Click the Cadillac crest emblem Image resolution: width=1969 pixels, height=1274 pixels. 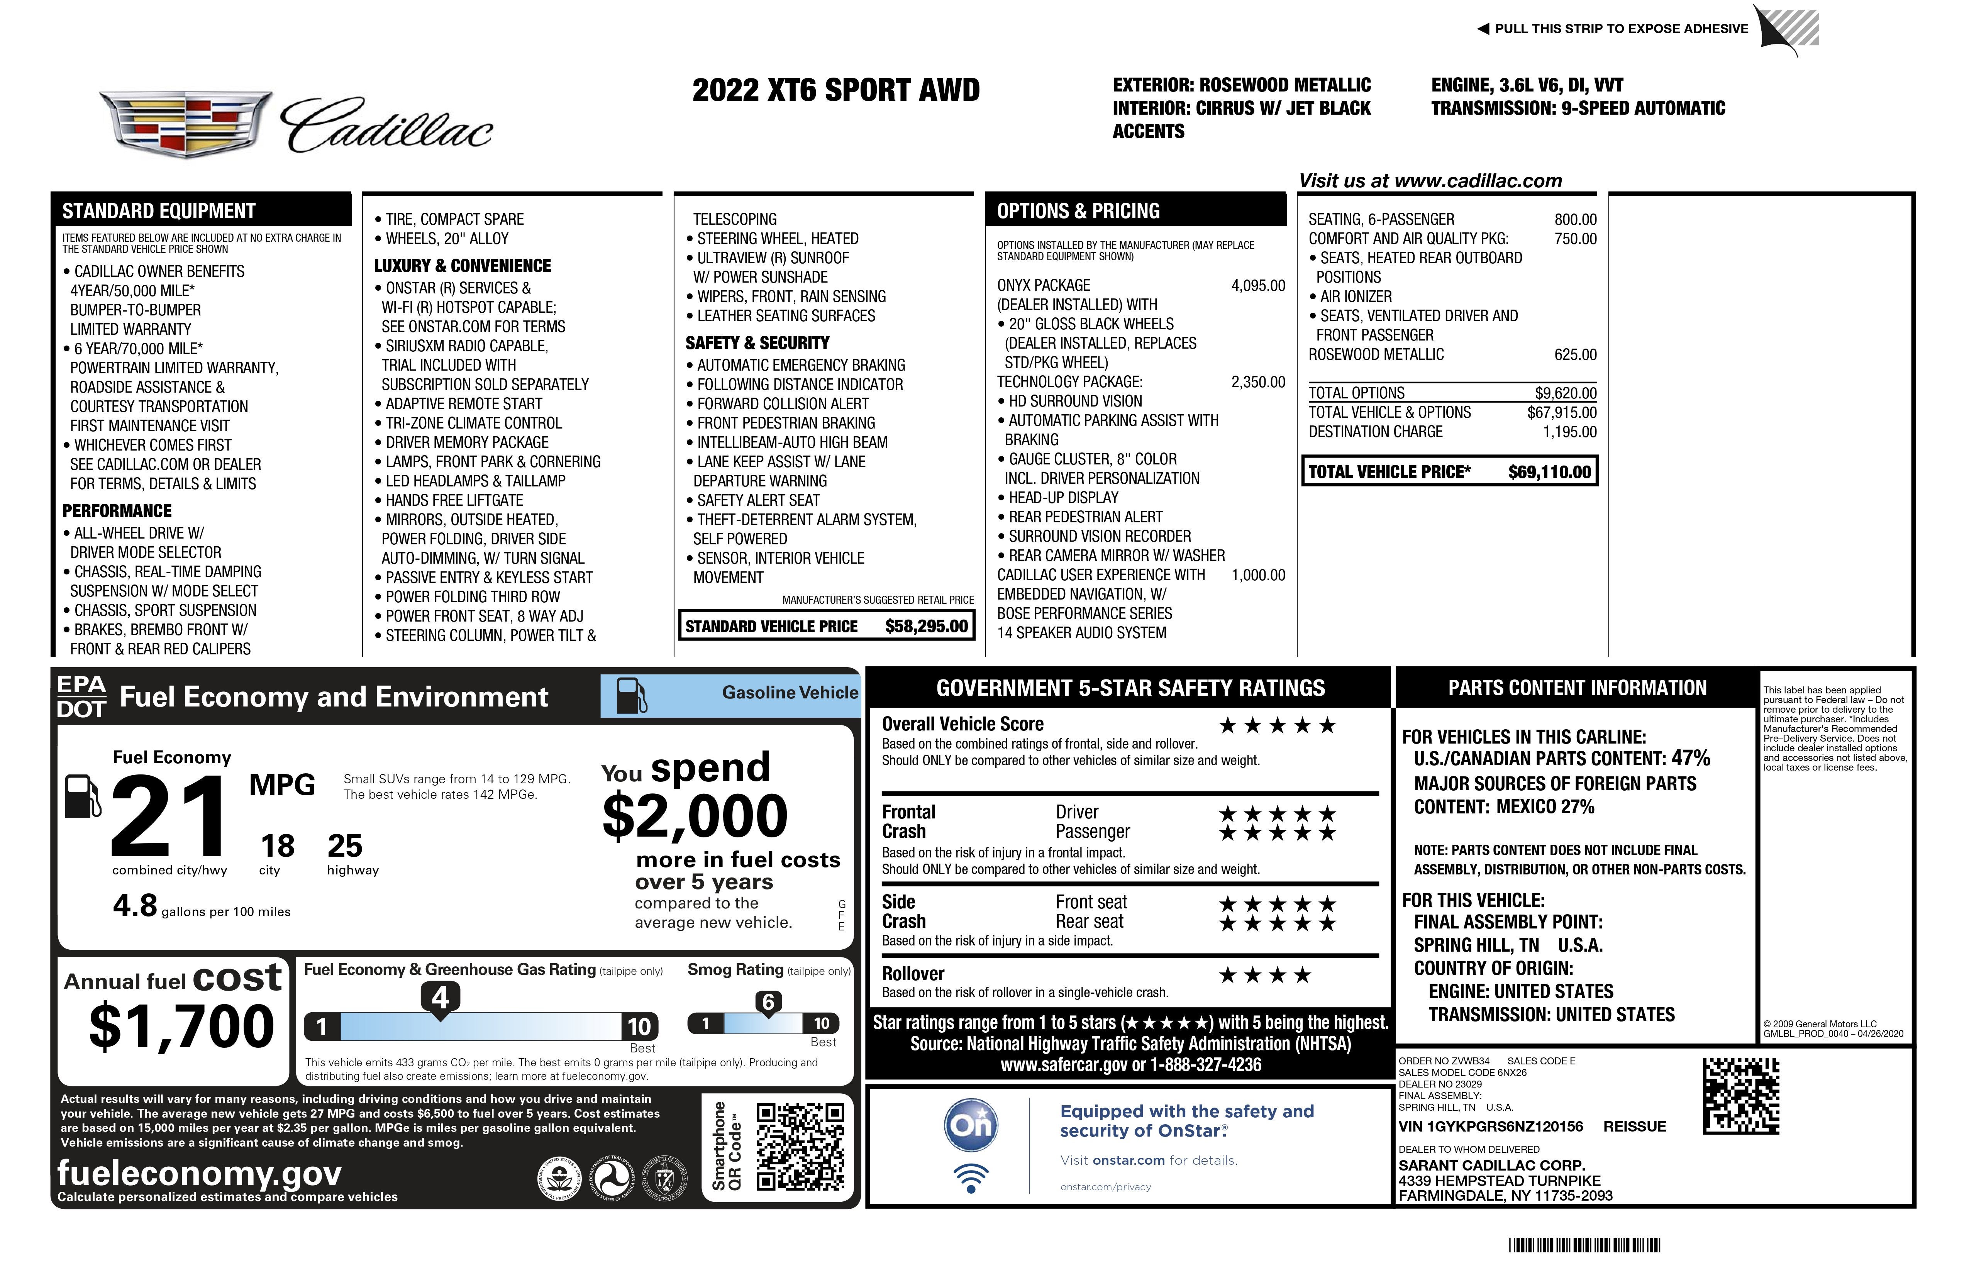pos(186,124)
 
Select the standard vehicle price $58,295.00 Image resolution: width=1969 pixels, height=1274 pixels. pos(926,626)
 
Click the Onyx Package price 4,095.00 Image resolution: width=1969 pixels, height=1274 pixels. pos(1257,285)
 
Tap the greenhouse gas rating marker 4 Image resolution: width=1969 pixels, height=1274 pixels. pos(440,998)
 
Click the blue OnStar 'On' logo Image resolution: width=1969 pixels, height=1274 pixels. pos(971,1125)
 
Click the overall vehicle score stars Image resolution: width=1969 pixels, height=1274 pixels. pos(1278,725)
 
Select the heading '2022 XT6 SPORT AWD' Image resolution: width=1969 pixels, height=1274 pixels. pos(835,90)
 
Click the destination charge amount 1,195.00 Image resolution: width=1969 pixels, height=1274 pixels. pos(1569,432)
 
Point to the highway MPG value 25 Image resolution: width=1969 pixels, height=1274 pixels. pos(345,845)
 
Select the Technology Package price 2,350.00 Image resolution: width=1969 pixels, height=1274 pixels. pos(1257,382)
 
